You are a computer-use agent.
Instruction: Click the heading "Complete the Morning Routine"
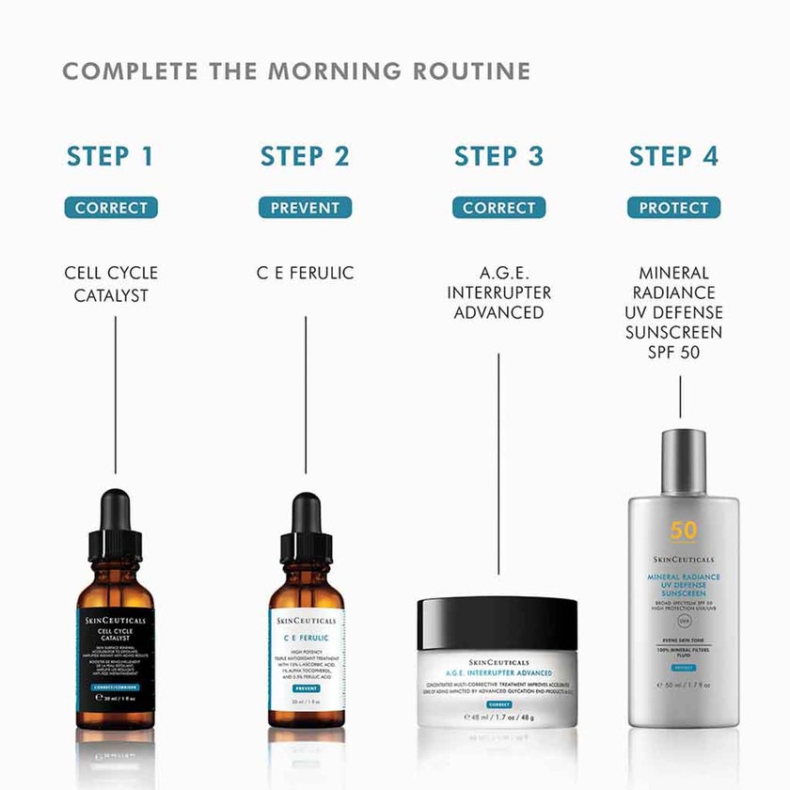(296, 71)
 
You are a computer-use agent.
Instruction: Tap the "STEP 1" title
(110, 156)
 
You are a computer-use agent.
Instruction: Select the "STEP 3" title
(498, 156)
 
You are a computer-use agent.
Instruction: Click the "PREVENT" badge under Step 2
(305, 208)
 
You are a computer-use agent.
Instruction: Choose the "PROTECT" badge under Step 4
(673, 208)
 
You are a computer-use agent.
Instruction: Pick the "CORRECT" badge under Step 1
(111, 208)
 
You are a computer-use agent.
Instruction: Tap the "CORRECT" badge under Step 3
(498, 208)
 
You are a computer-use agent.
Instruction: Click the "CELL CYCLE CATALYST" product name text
(111, 284)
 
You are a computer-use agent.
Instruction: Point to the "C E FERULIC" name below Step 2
(305, 274)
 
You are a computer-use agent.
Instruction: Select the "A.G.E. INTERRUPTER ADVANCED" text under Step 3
(498, 292)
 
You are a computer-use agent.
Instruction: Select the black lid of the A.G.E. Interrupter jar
(498, 623)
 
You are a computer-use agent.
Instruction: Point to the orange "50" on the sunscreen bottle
(684, 530)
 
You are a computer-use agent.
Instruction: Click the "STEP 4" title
(673, 156)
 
